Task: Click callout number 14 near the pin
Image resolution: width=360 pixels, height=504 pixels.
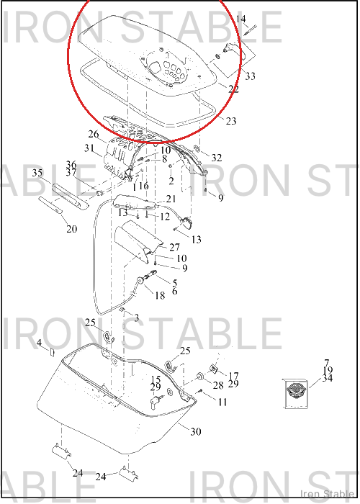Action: (x=240, y=19)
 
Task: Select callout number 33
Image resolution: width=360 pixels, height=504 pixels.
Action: (x=251, y=76)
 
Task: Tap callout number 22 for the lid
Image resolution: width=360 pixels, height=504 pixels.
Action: (x=234, y=89)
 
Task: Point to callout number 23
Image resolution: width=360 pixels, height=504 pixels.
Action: (x=231, y=121)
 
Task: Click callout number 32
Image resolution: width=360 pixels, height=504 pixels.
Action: (x=217, y=158)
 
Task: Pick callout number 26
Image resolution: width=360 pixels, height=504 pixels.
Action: (x=94, y=134)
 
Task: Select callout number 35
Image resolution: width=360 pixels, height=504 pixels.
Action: (x=37, y=173)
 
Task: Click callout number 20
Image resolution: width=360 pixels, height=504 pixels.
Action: (x=72, y=229)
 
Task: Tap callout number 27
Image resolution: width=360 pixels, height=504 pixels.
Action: (x=174, y=247)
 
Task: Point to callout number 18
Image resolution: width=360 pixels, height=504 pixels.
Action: (x=160, y=295)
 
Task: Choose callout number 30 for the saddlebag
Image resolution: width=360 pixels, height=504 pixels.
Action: (x=196, y=432)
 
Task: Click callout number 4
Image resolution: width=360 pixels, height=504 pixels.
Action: (x=39, y=343)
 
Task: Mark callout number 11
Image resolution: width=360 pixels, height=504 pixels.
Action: (x=222, y=402)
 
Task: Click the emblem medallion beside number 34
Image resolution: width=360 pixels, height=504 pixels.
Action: (x=296, y=393)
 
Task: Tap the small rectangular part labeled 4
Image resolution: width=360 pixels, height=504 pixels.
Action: (x=52, y=353)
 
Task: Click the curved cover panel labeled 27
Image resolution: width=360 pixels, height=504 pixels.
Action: (x=138, y=241)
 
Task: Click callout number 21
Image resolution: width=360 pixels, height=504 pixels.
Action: (x=171, y=199)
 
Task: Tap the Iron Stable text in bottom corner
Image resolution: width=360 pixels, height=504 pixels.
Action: (x=327, y=494)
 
